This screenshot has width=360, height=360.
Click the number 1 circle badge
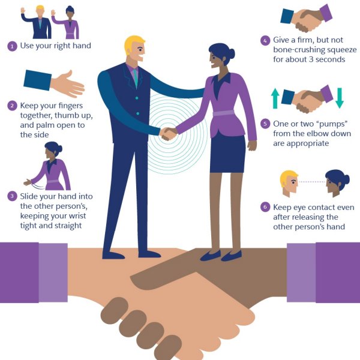click(11, 46)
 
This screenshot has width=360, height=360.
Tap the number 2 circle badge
click(11, 106)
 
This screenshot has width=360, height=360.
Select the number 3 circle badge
click(11, 196)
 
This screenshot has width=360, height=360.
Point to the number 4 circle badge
click(264, 41)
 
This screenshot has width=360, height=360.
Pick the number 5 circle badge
click(265, 124)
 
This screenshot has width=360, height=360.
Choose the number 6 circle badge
click(265, 207)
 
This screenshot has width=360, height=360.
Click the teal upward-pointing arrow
click(275, 98)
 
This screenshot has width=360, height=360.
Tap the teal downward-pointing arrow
click(339, 98)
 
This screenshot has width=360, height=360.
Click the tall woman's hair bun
click(231, 53)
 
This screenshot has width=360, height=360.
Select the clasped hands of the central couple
click(169, 133)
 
